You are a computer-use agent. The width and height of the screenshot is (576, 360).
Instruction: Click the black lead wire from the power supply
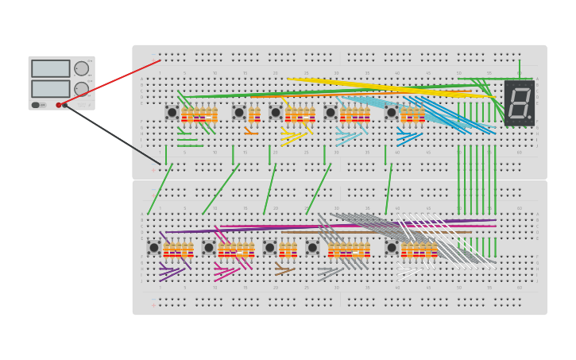[x=111, y=133]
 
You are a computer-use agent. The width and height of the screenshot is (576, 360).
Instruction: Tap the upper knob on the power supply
[x=82, y=68]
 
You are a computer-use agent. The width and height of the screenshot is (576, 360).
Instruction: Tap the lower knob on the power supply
[x=82, y=88]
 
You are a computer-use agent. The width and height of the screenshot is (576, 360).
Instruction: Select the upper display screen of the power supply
[x=51, y=68]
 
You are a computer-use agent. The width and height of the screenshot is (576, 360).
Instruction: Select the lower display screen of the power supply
[x=51, y=88]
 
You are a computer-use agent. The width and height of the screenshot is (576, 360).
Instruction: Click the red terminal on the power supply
[x=59, y=105]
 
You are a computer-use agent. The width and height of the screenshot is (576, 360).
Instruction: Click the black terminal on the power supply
[x=65, y=105]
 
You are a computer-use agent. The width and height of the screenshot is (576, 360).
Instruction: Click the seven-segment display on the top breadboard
[x=519, y=103]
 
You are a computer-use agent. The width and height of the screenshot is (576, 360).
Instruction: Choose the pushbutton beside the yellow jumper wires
[x=276, y=113]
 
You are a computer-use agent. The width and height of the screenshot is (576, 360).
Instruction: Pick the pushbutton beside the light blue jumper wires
[x=331, y=113]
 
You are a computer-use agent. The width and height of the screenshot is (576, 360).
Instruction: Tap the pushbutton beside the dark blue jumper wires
[x=392, y=113]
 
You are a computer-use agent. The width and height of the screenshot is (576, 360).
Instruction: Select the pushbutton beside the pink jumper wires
[x=209, y=248]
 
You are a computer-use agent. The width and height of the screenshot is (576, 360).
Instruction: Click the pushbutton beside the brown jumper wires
[x=270, y=248]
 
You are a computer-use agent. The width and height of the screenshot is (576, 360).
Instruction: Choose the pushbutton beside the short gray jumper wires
[x=312, y=248]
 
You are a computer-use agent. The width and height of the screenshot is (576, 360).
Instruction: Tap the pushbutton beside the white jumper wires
[x=392, y=248]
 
